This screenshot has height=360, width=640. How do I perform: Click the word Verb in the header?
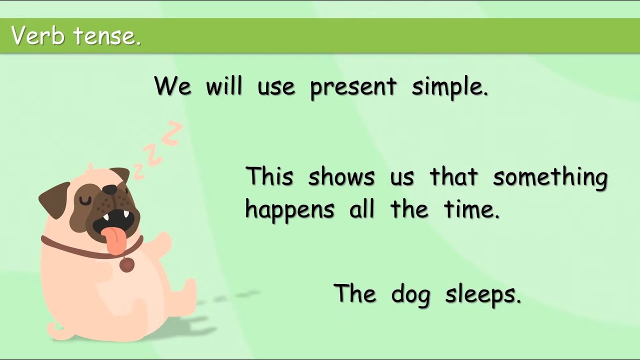tap(37, 36)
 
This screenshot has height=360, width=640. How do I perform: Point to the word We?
tap(172, 86)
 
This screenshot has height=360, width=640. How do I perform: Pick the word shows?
tap(341, 177)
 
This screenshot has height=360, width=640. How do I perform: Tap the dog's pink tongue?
tap(114, 239)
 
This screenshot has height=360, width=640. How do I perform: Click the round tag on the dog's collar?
tap(127, 264)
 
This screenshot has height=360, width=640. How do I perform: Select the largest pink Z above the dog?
tap(172, 132)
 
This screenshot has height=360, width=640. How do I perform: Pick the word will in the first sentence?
tap(224, 86)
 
